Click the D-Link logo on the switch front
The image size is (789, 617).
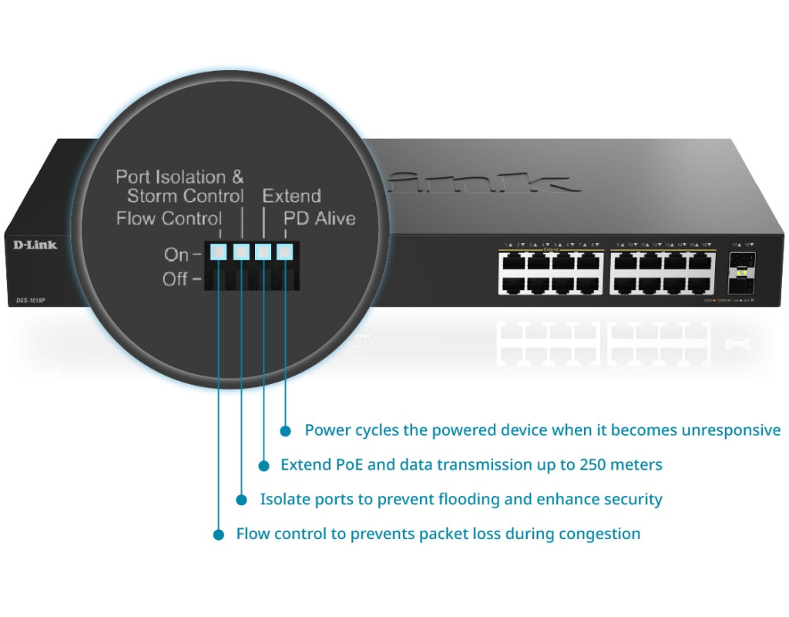click(35, 245)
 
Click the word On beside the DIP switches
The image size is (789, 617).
click(176, 254)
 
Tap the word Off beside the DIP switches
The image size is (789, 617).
click(176, 278)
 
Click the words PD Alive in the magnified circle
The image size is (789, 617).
click(319, 219)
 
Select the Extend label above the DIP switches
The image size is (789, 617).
click(291, 196)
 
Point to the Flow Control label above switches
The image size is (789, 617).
click(169, 219)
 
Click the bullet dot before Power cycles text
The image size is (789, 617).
click(286, 430)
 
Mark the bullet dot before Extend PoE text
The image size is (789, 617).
click(264, 465)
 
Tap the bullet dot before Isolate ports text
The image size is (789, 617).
click(242, 500)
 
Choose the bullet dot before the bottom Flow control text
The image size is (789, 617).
click(220, 534)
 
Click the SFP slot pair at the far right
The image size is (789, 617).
click(741, 273)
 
